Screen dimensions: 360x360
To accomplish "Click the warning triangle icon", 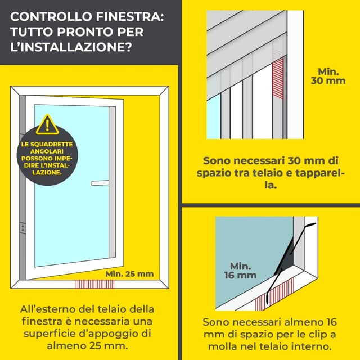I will click(x=47, y=125).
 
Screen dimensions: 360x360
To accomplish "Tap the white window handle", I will click(x=99, y=182).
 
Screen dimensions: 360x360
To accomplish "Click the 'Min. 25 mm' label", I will click(x=129, y=274).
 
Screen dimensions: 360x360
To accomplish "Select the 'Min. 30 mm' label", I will click(x=328, y=76).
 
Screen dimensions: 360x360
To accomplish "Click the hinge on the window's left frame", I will click(x=22, y=228).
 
